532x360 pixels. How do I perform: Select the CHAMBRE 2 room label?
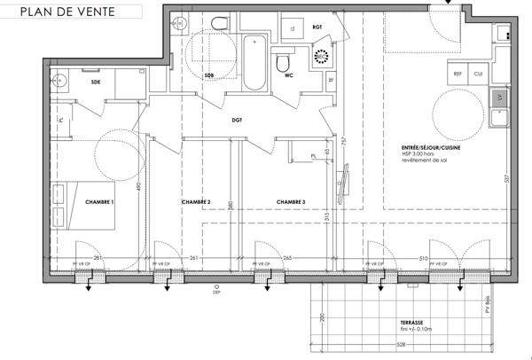coord(195,203)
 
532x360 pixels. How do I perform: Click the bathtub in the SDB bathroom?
coord(254,62)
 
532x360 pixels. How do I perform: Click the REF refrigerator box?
coord(458,74)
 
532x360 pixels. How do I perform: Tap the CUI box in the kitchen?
coord(478,74)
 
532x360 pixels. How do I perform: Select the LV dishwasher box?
coord(500,96)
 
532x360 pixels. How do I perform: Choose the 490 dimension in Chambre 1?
coord(138,187)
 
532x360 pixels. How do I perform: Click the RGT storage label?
coord(317,27)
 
